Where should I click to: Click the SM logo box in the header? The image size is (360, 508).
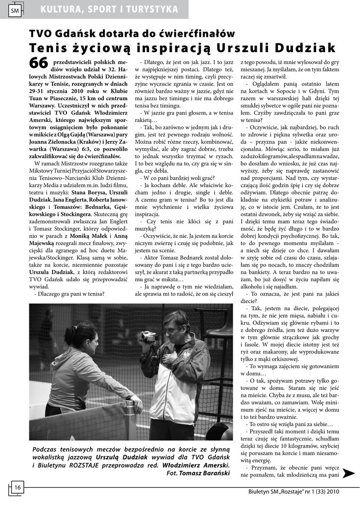[14, 9]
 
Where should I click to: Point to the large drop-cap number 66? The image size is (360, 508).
[39, 63]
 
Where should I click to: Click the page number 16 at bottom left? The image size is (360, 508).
[16, 487]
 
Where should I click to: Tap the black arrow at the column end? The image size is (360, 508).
[349, 473]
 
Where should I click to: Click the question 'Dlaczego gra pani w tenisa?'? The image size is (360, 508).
[69, 293]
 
